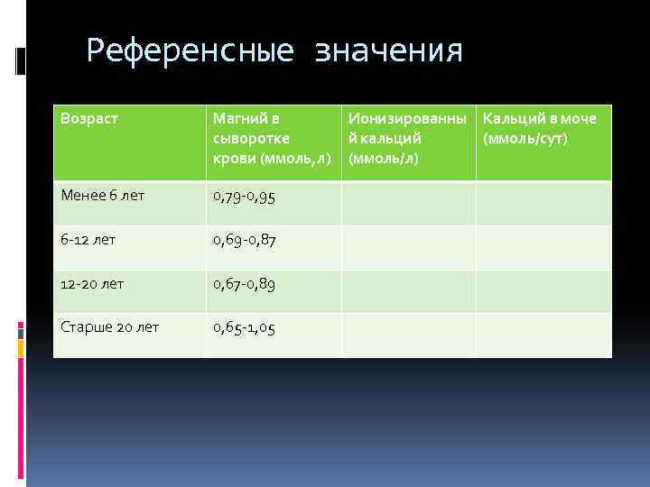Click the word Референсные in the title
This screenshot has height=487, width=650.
pyautogui.click(x=190, y=51)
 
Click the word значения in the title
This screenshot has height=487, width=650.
pyautogui.click(x=388, y=51)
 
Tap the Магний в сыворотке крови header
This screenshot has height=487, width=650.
pyautogui.click(x=272, y=138)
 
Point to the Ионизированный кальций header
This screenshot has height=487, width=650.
pyautogui.click(x=408, y=128)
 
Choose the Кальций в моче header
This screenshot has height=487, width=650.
pyautogui.click(x=546, y=118)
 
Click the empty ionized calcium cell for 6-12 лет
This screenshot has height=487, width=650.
pyautogui.click(x=408, y=246)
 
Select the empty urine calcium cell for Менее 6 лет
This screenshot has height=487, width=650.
pyautogui.click(x=543, y=203)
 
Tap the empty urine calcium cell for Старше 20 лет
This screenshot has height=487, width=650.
pyautogui.click(x=543, y=335)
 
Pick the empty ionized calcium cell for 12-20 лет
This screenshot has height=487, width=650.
pyautogui.click(x=408, y=290)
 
